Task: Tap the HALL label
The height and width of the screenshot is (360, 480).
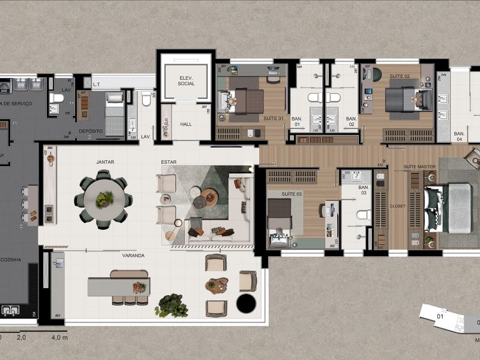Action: point(186,124)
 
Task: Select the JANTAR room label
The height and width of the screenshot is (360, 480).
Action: point(105,162)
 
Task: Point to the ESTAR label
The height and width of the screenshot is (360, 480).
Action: point(168,162)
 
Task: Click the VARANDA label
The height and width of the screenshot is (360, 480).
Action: point(133,256)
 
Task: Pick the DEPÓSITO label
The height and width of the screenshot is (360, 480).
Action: point(91,131)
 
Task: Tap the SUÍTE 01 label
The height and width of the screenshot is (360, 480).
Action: point(273,118)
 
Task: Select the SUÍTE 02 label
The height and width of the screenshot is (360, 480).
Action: point(400,76)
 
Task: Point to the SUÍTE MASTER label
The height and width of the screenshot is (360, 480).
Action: point(418,166)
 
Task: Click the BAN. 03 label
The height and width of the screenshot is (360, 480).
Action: point(364,190)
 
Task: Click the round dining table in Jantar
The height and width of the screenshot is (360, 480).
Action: point(104,198)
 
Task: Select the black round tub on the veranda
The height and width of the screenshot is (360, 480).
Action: point(246,304)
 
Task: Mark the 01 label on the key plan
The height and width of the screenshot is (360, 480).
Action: point(440,316)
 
